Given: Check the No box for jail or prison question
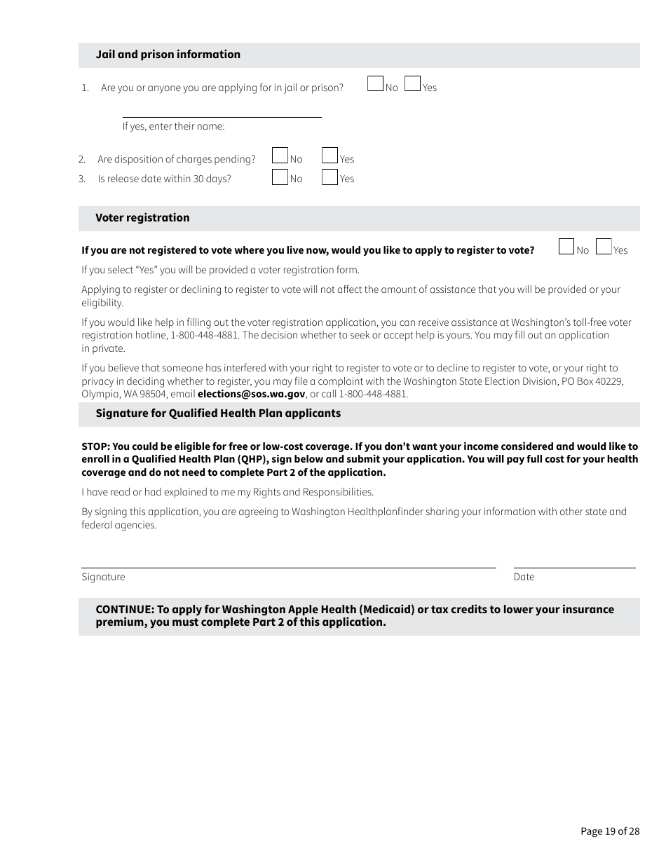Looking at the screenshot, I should pyautogui.click(x=376, y=84).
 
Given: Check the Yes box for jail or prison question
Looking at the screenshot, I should pyautogui.click(x=413, y=84).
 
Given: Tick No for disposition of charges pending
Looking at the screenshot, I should pyautogui.click(x=280, y=156).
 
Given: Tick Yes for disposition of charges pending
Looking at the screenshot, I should pyautogui.click(x=329, y=156).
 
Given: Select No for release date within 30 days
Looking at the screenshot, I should pyautogui.click(x=280, y=177).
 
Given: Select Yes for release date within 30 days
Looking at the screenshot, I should pyautogui.click(x=329, y=177).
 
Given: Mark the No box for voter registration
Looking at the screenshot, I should pyautogui.click(x=566, y=247).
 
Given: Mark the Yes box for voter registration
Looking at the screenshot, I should pyautogui.click(x=604, y=247).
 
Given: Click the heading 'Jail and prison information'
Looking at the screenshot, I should pyautogui.click(x=168, y=55).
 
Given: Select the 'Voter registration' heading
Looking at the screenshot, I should pyautogui.click(x=142, y=218).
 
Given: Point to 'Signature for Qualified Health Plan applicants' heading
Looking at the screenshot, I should pyautogui.click(x=218, y=413).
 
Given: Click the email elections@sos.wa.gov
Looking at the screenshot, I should pyautogui.click(x=252, y=394).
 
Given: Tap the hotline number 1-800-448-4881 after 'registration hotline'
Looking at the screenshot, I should pyautogui.click(x=205, y=336).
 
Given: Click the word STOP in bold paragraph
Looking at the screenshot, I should pyautogui.click(x=95, y=446).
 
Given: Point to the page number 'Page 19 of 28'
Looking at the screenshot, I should pyautogui.click(x=610, y=831).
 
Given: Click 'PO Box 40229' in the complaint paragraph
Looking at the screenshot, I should pyautogui.click(x=592, y=381).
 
